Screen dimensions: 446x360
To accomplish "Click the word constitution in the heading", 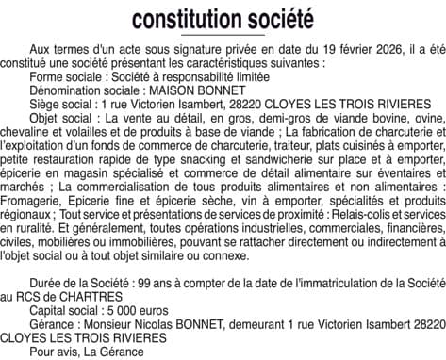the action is coord(184,19).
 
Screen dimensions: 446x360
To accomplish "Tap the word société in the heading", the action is coord(276,19).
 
